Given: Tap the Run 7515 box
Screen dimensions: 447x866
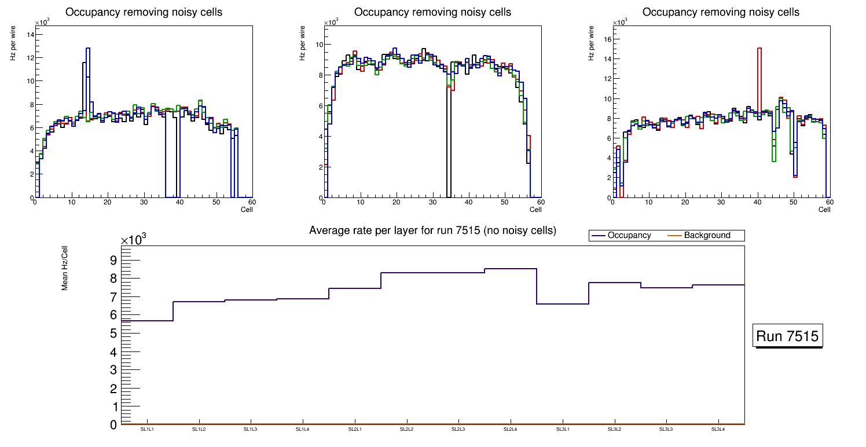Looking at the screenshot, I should [788, 336].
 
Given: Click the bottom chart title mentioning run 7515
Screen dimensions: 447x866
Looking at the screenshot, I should [432, 230].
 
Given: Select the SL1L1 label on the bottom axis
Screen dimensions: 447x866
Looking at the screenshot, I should [147, 429].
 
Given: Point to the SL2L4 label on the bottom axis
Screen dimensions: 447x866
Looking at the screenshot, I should [510, 429].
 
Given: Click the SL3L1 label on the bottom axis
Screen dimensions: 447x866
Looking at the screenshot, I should [562, 429].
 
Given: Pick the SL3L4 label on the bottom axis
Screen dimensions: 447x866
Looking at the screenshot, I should [718, 429].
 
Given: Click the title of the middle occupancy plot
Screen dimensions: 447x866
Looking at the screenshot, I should [432, 12].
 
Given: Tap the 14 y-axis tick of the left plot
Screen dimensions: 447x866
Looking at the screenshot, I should [30, 34].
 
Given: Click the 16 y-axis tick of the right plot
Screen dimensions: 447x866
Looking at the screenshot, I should [608, 39].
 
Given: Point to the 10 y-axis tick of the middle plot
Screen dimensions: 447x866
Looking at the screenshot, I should [318, 44].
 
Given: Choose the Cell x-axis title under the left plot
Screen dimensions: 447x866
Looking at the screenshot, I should [247, 209].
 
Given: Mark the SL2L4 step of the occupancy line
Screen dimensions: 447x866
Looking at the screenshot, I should [511, 269].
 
